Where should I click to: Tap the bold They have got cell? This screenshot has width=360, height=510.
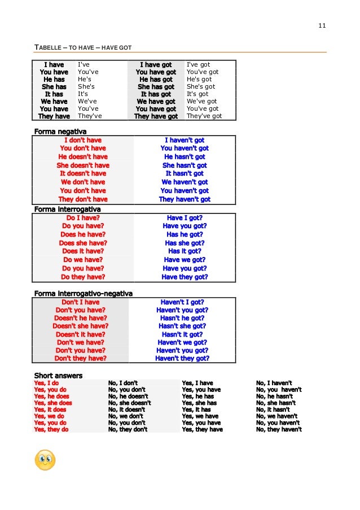click(x=156, y=116)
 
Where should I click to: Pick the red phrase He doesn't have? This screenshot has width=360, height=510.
click(x=83, y=156)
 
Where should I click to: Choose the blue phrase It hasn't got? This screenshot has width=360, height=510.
click(x=185, y=173)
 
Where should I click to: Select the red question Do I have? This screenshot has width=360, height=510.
click(x=83, y=217)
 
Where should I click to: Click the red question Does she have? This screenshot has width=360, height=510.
click(x=83, y=243)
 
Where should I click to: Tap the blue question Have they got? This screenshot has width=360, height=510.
click(x=185, y=277)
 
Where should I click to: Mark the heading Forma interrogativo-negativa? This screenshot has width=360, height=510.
click(x=84, y=294)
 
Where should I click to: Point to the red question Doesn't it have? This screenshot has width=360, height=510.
click(x=80, y=334)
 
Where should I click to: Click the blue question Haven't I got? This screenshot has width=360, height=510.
click(x=182, y=302)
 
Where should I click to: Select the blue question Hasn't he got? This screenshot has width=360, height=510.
click(x=182, y=318)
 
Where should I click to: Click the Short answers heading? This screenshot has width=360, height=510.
click(x=58, y=376)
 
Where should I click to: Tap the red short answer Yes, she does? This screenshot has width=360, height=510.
click(x=53, y=403)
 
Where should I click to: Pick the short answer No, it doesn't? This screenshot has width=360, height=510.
click(x=128, y=409)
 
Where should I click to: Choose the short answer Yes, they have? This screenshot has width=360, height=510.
click(x=202, y=429)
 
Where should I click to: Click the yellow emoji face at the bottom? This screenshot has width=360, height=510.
click(x=45, y=460)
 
